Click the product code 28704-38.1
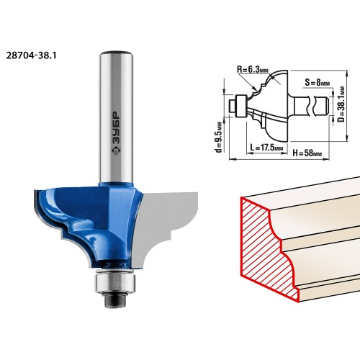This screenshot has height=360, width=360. pyautogui.click(x=31, y=55)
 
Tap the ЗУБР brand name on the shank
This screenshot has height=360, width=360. pyautogui.click(x=117, y=127)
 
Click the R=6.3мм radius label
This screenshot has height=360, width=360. pyautogui.click(x=253, y=70)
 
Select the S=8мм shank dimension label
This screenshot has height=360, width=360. pyautogui.click(x=318, y=83)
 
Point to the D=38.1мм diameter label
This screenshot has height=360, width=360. pyautogui.click(x=342, y=104)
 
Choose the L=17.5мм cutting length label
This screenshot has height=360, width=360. pyautogui.click(x=266, y=148)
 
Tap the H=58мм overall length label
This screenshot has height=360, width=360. pyautogui.click(x=307, y=153)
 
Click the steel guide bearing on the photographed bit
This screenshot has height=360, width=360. pyautogui.click(x=115, y=282)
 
